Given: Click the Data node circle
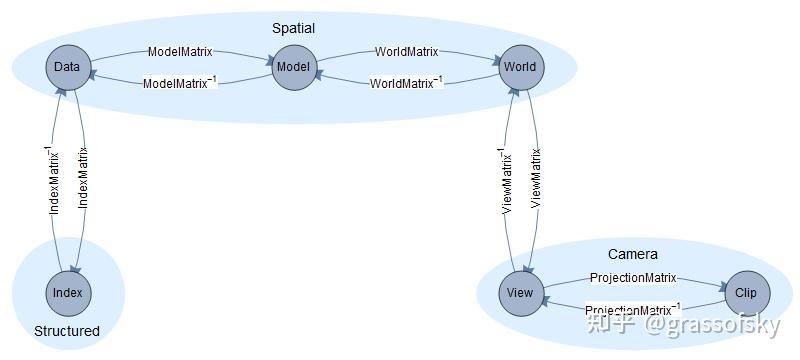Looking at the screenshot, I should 67,67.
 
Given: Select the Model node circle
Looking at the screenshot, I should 293,68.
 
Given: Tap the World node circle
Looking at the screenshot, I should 520,67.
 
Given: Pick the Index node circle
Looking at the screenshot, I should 68,293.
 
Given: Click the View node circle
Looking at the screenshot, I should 520,293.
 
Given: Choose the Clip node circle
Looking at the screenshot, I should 746,293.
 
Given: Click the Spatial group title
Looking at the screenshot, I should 293,29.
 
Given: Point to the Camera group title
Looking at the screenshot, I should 633,254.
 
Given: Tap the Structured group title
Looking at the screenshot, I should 67,331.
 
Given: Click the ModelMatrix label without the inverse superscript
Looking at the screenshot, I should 180,51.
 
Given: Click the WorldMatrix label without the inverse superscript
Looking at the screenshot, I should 407,51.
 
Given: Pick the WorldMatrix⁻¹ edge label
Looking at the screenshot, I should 407,83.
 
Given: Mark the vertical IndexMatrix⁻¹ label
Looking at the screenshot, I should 55,180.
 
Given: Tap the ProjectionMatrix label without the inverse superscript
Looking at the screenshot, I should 633,277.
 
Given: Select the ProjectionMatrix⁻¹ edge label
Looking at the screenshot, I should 633,309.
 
